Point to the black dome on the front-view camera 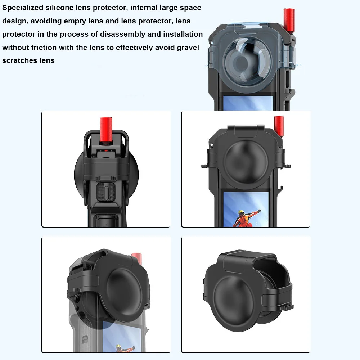tap(246, 158)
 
